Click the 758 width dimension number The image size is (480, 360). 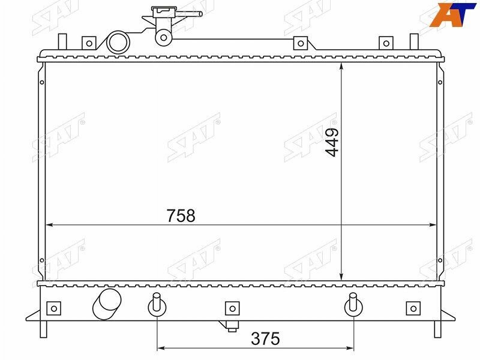181,216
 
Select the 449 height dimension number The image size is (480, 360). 332,142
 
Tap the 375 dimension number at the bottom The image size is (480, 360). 265,339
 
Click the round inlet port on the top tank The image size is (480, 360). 118,42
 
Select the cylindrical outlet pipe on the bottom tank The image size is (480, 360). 106,304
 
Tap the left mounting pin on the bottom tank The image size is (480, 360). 157,305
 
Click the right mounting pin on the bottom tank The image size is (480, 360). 353,305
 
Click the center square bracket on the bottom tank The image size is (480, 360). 232,308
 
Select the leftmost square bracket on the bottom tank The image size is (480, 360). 54,308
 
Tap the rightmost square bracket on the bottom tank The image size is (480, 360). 413,308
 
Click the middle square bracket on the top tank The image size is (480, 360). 300,43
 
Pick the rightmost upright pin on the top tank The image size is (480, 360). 414,41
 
